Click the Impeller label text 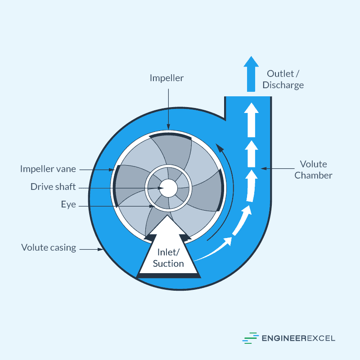[x=166, y=78]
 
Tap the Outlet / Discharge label [x=285, y=79]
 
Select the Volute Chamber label [x=313, y=170]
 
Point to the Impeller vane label [x=48, y=169]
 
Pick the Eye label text [x=68, y=205]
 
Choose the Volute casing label [x=49, y=247]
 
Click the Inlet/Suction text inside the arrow [x=168, y=258]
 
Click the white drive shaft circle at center [x=168, y=188]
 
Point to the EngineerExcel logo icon [x=251, y=338]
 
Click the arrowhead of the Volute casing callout [x=102, y=249]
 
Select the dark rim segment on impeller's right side [x=220, y=189]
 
